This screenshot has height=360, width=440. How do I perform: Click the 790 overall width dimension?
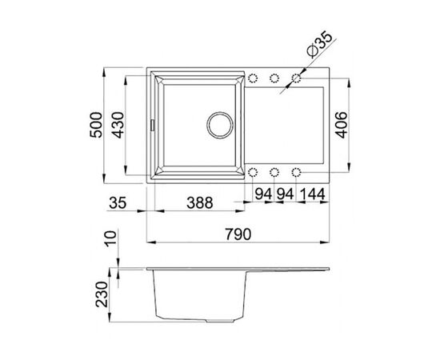pyautogui.click(x=238, y=234)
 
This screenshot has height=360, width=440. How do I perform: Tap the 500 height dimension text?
pyautogui.click(x=96, y=125)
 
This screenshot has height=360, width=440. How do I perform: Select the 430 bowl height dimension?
pyautogui.click(x=118, y=125)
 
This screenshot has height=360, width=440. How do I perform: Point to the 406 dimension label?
pyautogui.click(x=342, y=125)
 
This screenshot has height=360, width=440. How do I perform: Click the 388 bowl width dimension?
pyautogui.click(x=200, y=202)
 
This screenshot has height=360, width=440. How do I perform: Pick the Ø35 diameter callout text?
pyautogui.click(x=320, y=45)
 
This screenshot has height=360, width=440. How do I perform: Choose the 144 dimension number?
pyautogui.click(x=313, y=194)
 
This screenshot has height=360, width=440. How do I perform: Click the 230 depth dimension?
pyautogui.click(x=102, y=294)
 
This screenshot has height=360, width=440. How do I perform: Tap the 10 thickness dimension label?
pyautogui.click(x=110, y=238)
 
